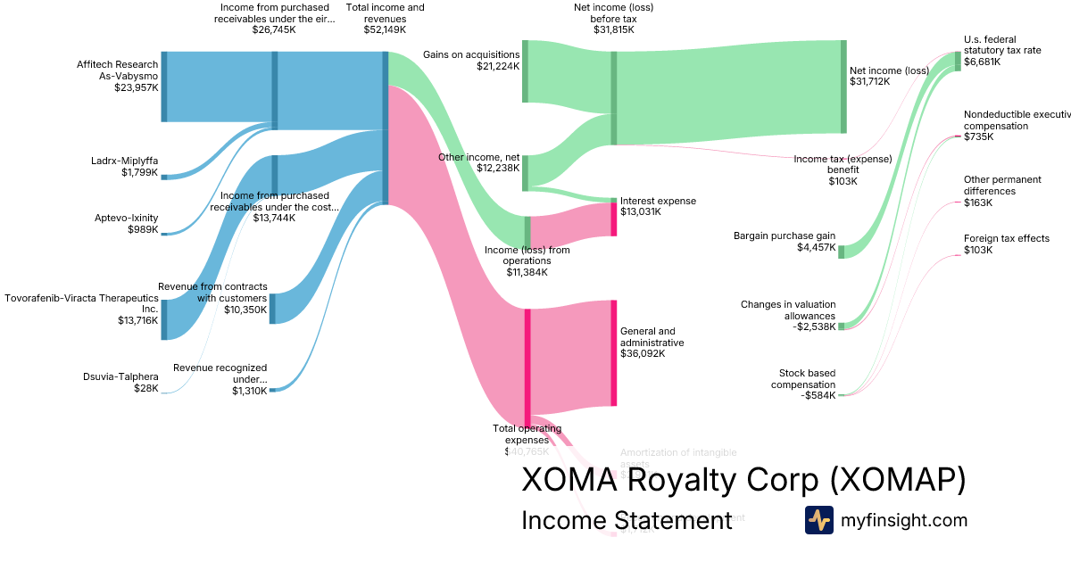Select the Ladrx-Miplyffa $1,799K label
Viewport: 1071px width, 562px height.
124,167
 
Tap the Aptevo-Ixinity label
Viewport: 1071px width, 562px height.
126,223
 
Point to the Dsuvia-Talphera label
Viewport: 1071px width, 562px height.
120,382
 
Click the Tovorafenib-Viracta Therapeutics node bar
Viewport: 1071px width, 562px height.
164,320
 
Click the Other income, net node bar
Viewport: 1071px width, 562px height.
525,172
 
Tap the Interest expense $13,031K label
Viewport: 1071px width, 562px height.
658,206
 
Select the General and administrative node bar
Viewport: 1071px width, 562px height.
613,353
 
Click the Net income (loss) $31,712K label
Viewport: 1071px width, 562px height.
889,76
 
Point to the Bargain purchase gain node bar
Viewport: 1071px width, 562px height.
841,251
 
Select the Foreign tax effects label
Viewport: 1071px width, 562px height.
1006,244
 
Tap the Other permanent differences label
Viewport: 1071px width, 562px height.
989,191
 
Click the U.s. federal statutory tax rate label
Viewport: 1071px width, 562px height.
1001,51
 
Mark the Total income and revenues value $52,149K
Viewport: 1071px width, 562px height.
386,29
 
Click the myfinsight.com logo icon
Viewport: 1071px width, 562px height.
818,520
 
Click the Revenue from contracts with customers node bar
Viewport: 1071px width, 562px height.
272,308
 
